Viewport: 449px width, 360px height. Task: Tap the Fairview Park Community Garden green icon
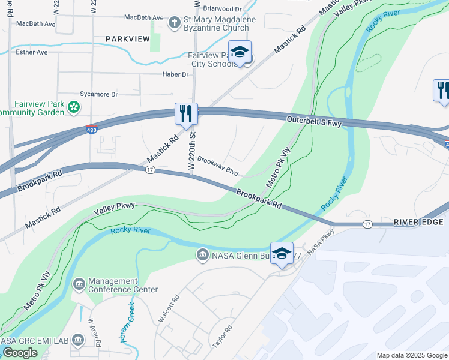pos(74,107)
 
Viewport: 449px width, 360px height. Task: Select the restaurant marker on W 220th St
pos(186,113)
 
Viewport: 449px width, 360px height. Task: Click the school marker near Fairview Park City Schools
pos(240,52)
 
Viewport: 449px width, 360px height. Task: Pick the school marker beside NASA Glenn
pos(282,253)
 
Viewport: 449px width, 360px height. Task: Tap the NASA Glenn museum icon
pos(203,256)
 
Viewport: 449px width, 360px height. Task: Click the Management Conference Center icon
pos(79,283)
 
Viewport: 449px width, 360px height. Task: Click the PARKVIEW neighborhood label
pos(127,39)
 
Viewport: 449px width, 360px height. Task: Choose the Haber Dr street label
pos(175,74)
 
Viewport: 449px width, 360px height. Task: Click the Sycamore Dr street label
pos(99,94)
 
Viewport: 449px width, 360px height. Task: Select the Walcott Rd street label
pos(167,308)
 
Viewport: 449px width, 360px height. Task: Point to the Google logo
pos(20,353)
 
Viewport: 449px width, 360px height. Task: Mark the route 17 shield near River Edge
pos(367,224)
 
